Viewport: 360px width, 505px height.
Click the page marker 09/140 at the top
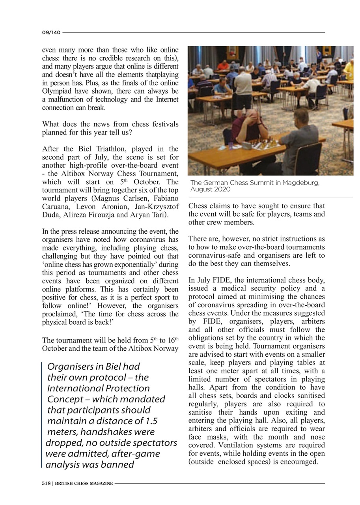coord(51,33)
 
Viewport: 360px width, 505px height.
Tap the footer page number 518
coord(46,483)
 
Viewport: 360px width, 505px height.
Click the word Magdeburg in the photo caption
coord(301,183)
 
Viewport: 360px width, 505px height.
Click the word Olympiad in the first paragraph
coord(55,92)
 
